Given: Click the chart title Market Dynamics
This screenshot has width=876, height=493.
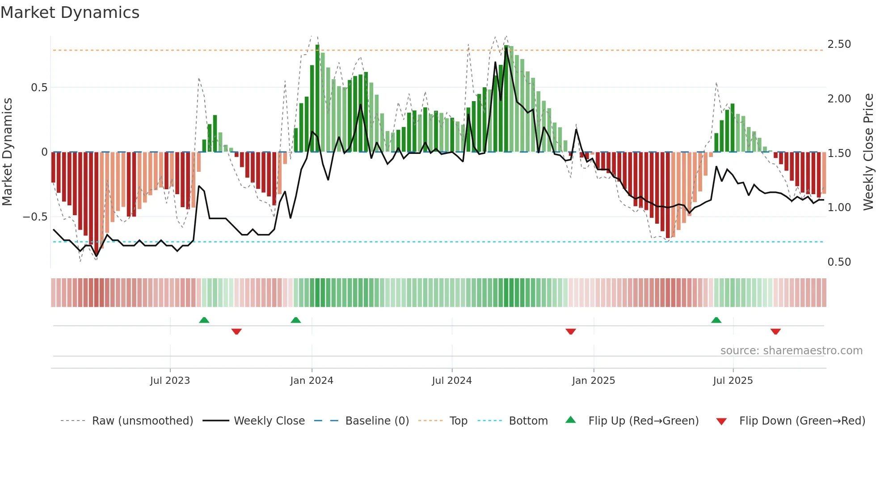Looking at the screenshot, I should pos(70,13).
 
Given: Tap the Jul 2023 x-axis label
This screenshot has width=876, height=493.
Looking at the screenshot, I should pos(170,381).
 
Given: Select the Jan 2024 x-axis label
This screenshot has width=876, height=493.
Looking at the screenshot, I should pos(312,381).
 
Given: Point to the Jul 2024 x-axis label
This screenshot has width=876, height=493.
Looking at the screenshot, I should pos(452,381).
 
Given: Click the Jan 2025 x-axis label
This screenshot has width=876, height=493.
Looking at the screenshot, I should pos(594,381).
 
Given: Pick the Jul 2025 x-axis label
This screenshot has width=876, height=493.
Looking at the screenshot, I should pos(733,381).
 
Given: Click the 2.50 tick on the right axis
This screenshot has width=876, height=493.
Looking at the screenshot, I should pos(839,44).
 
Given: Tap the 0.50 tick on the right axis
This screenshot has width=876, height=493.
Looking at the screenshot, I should pos(839,262).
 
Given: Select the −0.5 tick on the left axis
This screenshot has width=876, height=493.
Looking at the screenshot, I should pos(35,217).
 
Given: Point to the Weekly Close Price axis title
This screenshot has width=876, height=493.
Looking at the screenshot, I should pos(868,152).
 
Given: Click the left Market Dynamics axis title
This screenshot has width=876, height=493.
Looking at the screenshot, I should pos(7,152).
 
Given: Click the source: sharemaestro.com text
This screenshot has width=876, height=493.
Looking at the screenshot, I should pos(791,351).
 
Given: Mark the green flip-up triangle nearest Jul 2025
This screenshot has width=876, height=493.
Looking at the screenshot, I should pos(716,320).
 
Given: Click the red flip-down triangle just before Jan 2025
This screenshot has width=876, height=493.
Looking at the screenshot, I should pos(571,331).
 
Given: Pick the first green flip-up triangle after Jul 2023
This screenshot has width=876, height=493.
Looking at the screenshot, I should pos(204,320).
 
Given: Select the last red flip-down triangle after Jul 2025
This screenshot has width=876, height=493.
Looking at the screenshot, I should pos(775,331).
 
